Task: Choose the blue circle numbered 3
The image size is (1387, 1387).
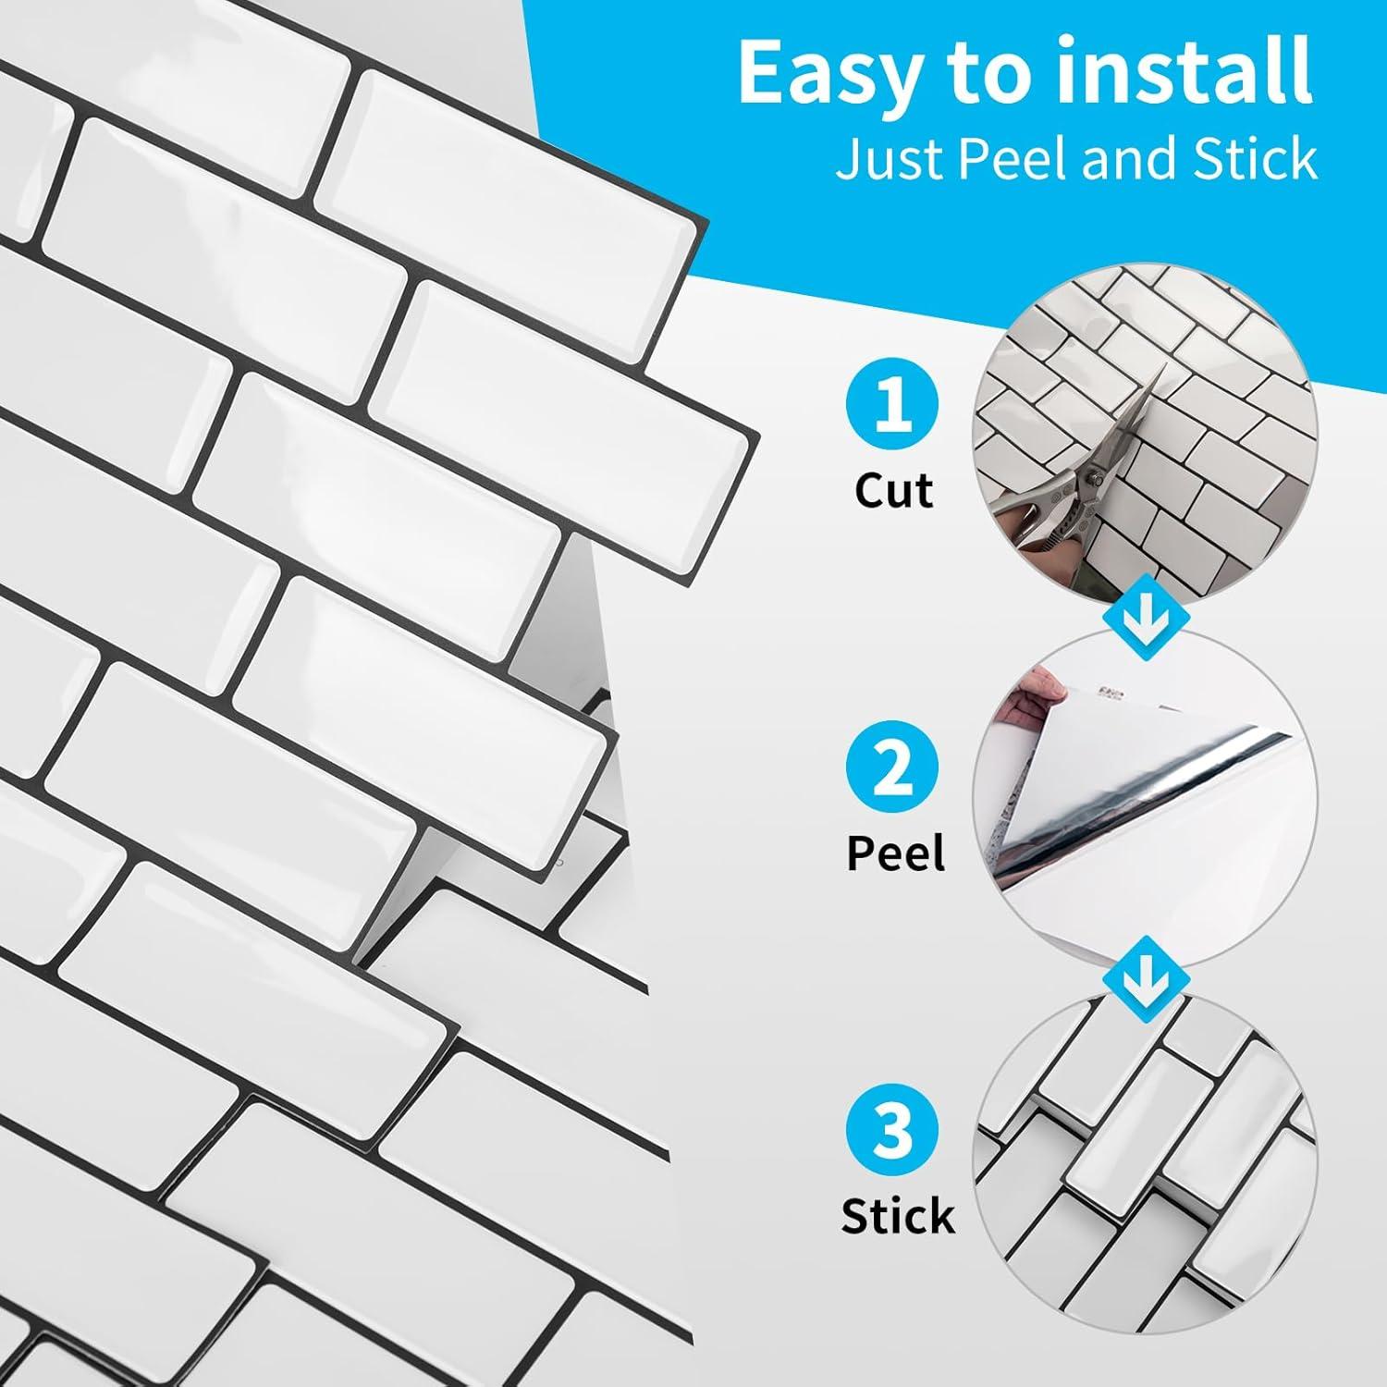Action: (x=891, y=1131)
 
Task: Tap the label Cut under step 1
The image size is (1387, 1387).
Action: (x=893, y=490)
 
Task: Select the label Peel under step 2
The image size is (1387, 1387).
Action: (x=896, y=853)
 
